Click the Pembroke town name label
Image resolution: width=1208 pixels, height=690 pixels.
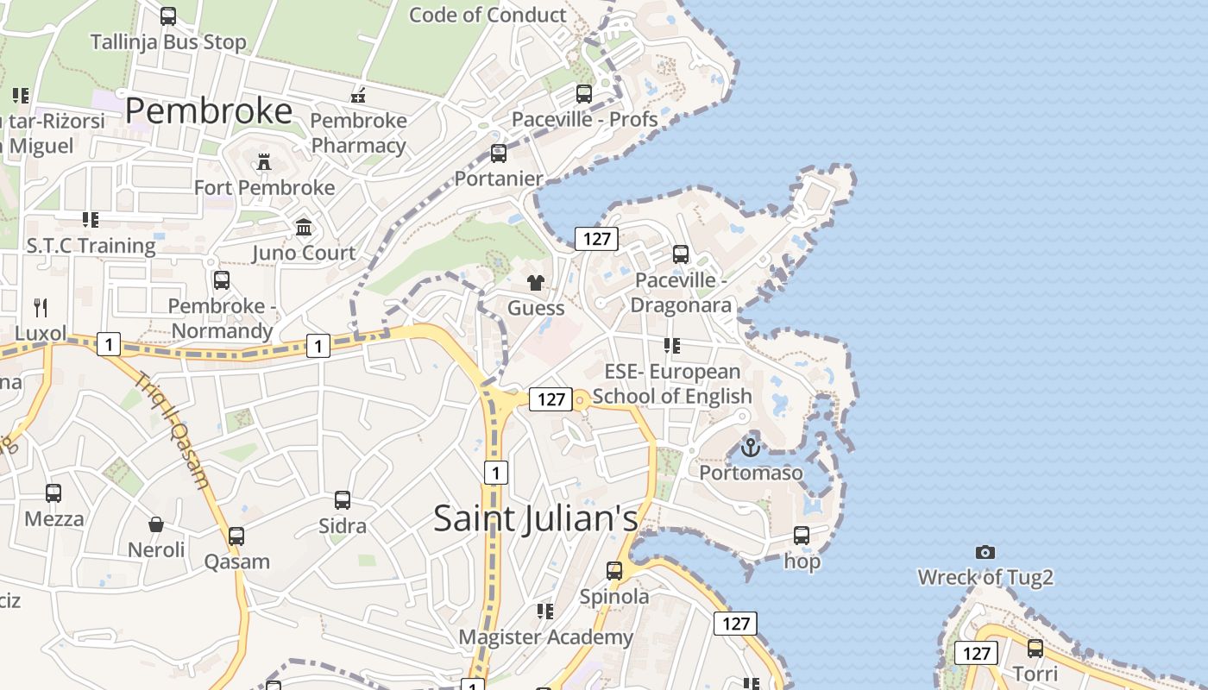tap(209, 111)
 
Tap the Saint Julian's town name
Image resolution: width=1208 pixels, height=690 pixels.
tap(535, 518)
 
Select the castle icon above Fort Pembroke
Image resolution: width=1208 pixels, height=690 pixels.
tap(264, 161)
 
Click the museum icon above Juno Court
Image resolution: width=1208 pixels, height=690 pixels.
tap(304, 228)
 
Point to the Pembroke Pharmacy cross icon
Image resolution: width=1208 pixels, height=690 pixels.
tap(358, 96)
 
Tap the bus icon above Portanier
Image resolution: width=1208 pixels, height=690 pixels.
tap(499, 154)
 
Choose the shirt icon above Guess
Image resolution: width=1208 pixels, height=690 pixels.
tap(536, 283)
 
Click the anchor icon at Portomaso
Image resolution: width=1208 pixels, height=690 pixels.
tap(751, 448)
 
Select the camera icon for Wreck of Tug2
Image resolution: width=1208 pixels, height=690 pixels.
tap(985, 552)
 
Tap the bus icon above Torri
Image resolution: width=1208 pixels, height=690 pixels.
tap(1035, 648)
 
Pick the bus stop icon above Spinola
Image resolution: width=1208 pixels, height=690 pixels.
tap(614, 570)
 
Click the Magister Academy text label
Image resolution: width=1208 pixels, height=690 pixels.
tap(545, 637)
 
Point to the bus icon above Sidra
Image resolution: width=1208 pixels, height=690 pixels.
tap(343, 500)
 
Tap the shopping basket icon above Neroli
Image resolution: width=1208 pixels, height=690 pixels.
tap(156, 524)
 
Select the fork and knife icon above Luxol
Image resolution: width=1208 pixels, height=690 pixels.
tap(41, 307)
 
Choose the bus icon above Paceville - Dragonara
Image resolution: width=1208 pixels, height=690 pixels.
tap(681, 254)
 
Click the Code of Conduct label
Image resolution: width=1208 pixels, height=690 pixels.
tap(488, 15)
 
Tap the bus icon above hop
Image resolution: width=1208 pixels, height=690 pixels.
tap(802, 536)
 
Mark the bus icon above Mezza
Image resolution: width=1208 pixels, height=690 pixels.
tap(53, 493)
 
